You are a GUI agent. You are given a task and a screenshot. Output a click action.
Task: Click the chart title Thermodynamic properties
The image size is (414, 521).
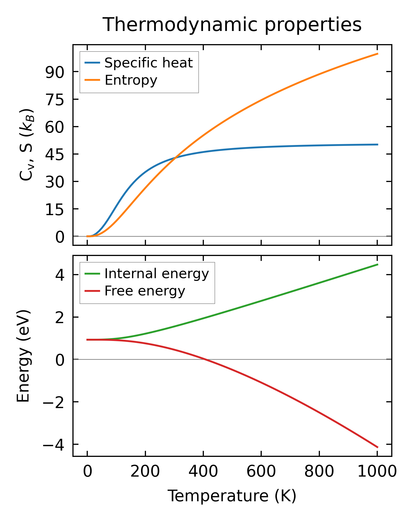pyautogui.click(x=232, y=25)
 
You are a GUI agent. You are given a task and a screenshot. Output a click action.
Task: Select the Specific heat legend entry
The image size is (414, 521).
pyautogui.click(x=148, y=63)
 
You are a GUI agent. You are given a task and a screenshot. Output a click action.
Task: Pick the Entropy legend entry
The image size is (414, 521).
pyautogui.click(x=131, y=80)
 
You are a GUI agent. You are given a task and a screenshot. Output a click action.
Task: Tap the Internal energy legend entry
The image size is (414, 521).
pyautogui.click(x=156, y=274)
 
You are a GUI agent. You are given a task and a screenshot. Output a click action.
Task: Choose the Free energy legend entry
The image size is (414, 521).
pyautogui.click(x=145, y=291)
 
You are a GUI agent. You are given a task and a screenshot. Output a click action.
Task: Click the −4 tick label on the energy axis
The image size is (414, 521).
pyautogui.click(x=54, y=445)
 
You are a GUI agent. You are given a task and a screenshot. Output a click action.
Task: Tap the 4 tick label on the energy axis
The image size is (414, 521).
pyautogui.click(x=60, y=275)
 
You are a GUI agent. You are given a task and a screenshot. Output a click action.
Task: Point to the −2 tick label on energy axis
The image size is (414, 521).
pyautogui.click(x=54, y=402)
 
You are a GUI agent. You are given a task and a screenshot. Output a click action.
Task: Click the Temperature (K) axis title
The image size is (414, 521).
pyautogui.click(x=232, y=496)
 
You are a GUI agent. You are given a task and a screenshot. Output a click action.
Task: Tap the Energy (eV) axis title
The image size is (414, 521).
pyautogui.click(x=23, y=356)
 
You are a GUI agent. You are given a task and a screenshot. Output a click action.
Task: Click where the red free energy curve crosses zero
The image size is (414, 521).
pyautogui.click(x=204, y=359)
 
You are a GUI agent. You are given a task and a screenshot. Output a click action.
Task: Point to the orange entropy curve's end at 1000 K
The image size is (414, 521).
pyautogui.click(x=378, y=54)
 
